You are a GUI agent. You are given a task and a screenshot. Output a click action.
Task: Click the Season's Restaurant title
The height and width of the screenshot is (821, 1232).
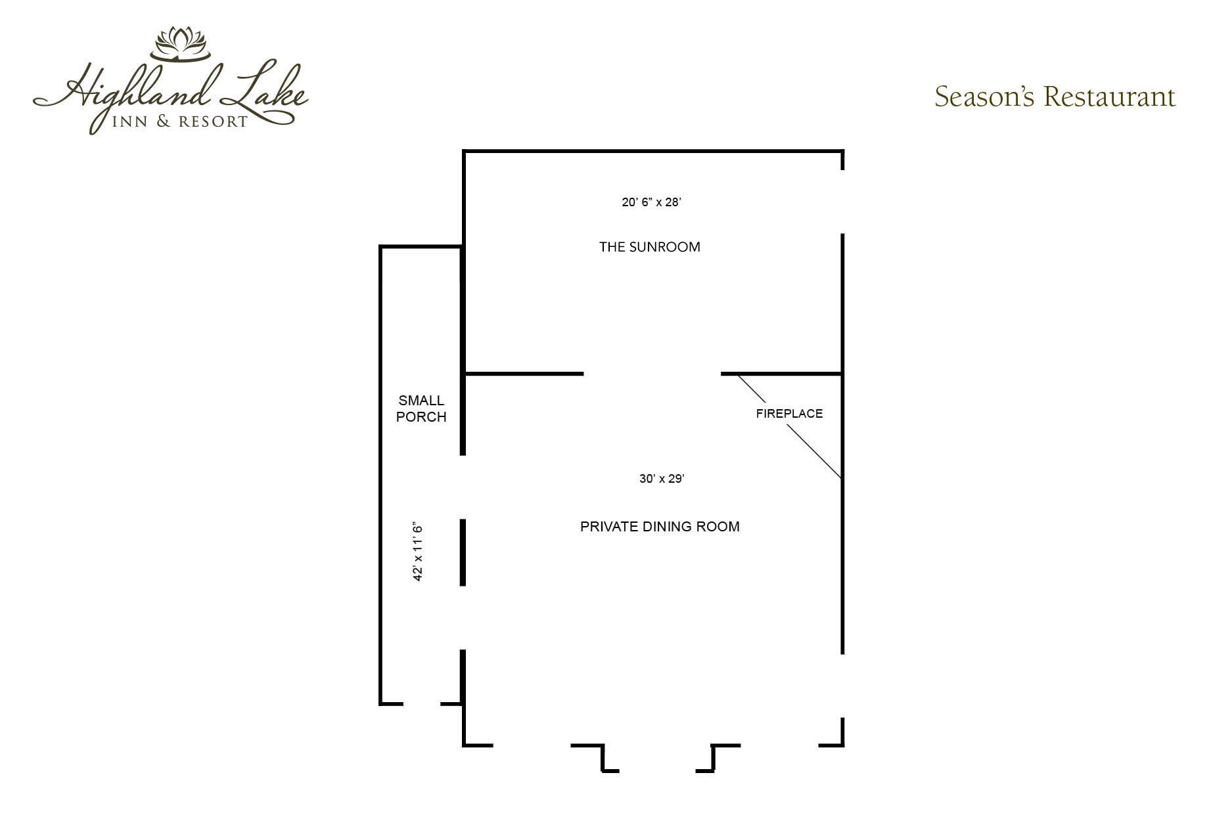pyautogui.click(x=1055, y=97)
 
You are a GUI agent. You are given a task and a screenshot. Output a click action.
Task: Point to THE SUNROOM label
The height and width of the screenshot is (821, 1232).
pyautogui.click(x=650, y=247)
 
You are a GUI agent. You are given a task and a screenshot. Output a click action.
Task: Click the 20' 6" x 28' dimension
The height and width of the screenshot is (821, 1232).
pyautogui.click(x=651, y=202)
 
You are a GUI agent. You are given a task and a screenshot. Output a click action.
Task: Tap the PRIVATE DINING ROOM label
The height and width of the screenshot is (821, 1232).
pyautogui.click(x=660, y=526)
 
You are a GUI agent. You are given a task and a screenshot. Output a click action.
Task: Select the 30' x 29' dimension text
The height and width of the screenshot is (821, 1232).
pyautogui.click(x=662, y=479)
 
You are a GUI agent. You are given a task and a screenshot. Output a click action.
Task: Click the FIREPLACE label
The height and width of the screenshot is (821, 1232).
pyautogui.click(x=789, y=413)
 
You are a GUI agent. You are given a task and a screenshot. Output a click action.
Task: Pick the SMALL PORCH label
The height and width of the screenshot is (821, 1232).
pyautogui.click(x=421, y=409)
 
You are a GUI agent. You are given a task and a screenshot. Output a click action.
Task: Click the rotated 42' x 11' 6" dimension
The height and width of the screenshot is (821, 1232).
pyautogui.click(x=417, y=552)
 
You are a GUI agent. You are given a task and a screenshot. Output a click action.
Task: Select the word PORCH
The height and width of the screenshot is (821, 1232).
pyautogui.click(x=421, y=416)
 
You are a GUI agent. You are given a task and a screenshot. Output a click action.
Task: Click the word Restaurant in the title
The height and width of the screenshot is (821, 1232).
pyautogui.click(x=1109, y=97)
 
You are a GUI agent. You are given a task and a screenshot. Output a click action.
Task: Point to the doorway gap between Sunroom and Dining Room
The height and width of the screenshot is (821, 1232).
pyautogui.click(x=652, y=374)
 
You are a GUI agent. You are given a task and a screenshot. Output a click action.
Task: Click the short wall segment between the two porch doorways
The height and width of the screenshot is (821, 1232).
pyautogui.click(x=463, y=552)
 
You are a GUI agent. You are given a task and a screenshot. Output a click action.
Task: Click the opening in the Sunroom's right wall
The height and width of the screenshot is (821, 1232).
pyautogui.click(x=842, y=202)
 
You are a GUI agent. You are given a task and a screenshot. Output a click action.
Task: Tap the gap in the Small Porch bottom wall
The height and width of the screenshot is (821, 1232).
pyautogui.click(x=421, y=703)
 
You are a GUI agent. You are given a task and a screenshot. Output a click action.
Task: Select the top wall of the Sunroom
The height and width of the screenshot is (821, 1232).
pyautogui.click(x=653, y=152)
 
